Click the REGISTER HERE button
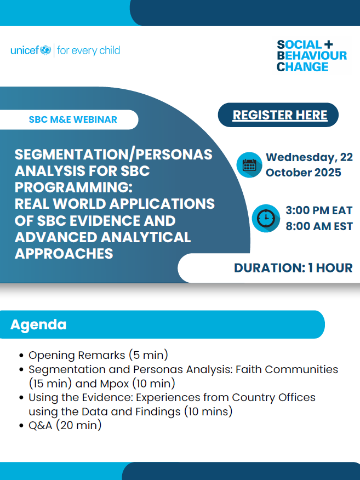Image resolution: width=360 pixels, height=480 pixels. [x=279, y=115]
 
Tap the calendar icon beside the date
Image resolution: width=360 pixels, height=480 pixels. [x=249, y=165]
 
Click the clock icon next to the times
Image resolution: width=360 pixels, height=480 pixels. [x=266, y=218]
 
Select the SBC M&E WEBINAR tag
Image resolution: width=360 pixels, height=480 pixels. [x=73, y=119]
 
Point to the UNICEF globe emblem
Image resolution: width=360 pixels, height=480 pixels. [x=45, y=51]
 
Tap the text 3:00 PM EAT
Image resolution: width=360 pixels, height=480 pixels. [x=319, y=211]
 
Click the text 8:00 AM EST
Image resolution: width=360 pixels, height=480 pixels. [x=319, y=226]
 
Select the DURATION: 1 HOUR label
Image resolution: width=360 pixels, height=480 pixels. [x=293, y=268]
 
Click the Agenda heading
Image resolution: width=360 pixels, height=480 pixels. [x=38, y=324]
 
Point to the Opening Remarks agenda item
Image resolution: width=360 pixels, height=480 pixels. [x=98, y=355]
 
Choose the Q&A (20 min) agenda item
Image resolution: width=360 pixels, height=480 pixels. [x=65, y=425]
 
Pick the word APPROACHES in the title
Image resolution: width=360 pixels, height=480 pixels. [x=64, y=254]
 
